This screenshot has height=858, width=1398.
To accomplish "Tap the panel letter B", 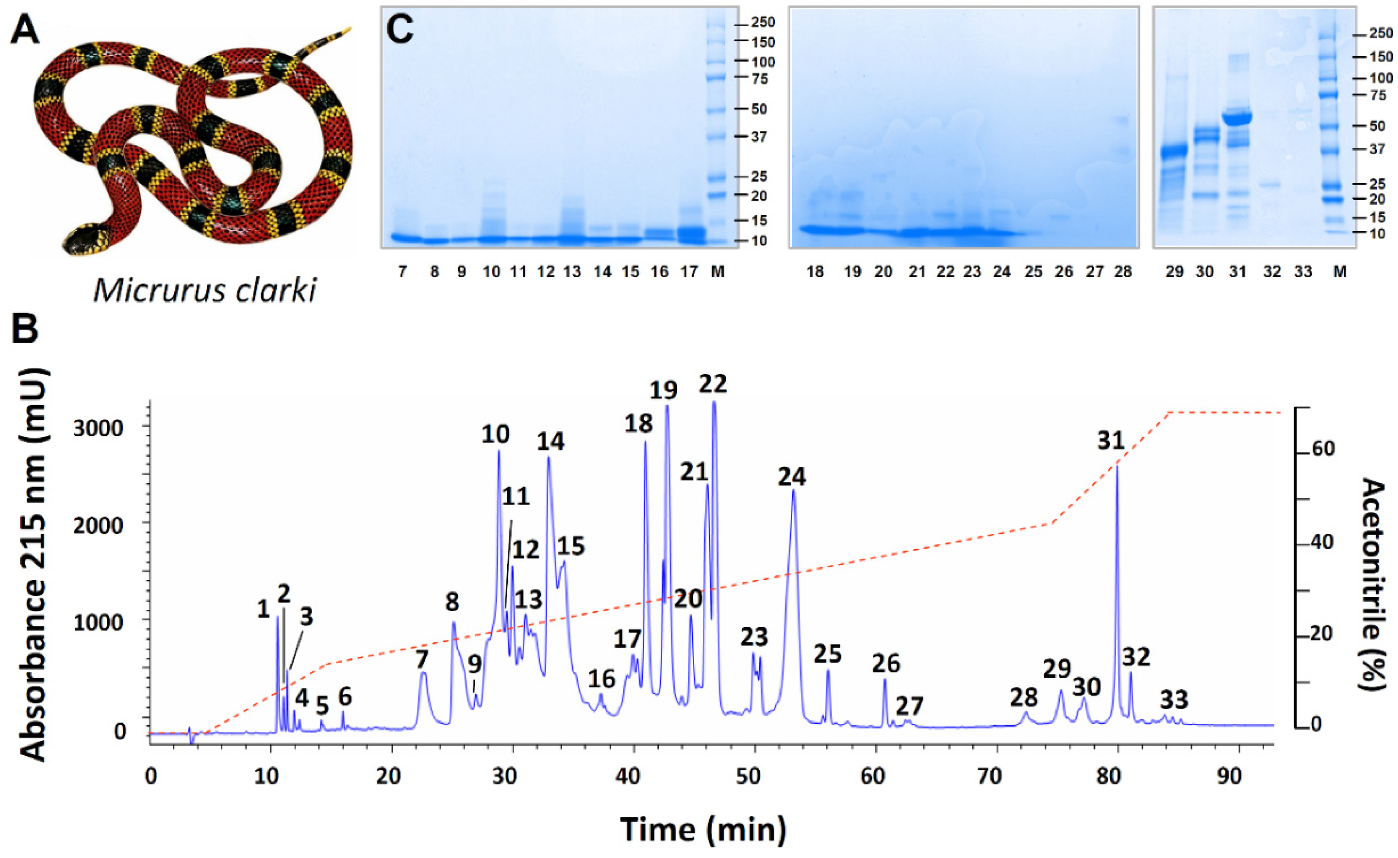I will point(26,329).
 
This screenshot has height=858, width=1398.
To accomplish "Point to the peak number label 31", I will point(1110,440).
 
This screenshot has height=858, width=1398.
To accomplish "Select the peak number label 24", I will point(792,476).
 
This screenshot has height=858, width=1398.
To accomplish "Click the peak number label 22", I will point(713,385).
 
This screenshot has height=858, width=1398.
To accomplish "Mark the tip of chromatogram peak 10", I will point(499,452).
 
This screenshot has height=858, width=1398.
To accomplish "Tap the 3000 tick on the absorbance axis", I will point(97,428).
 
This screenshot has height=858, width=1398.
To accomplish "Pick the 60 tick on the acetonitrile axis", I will point(1322,450).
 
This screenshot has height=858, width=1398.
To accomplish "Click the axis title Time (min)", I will point(703,830).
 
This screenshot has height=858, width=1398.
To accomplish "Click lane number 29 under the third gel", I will point(1174,272).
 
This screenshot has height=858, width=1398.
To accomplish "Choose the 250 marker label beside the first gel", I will point(763,23).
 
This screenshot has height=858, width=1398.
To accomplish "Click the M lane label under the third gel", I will point(1340,272).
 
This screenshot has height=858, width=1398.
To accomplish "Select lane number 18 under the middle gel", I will point(815,272).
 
